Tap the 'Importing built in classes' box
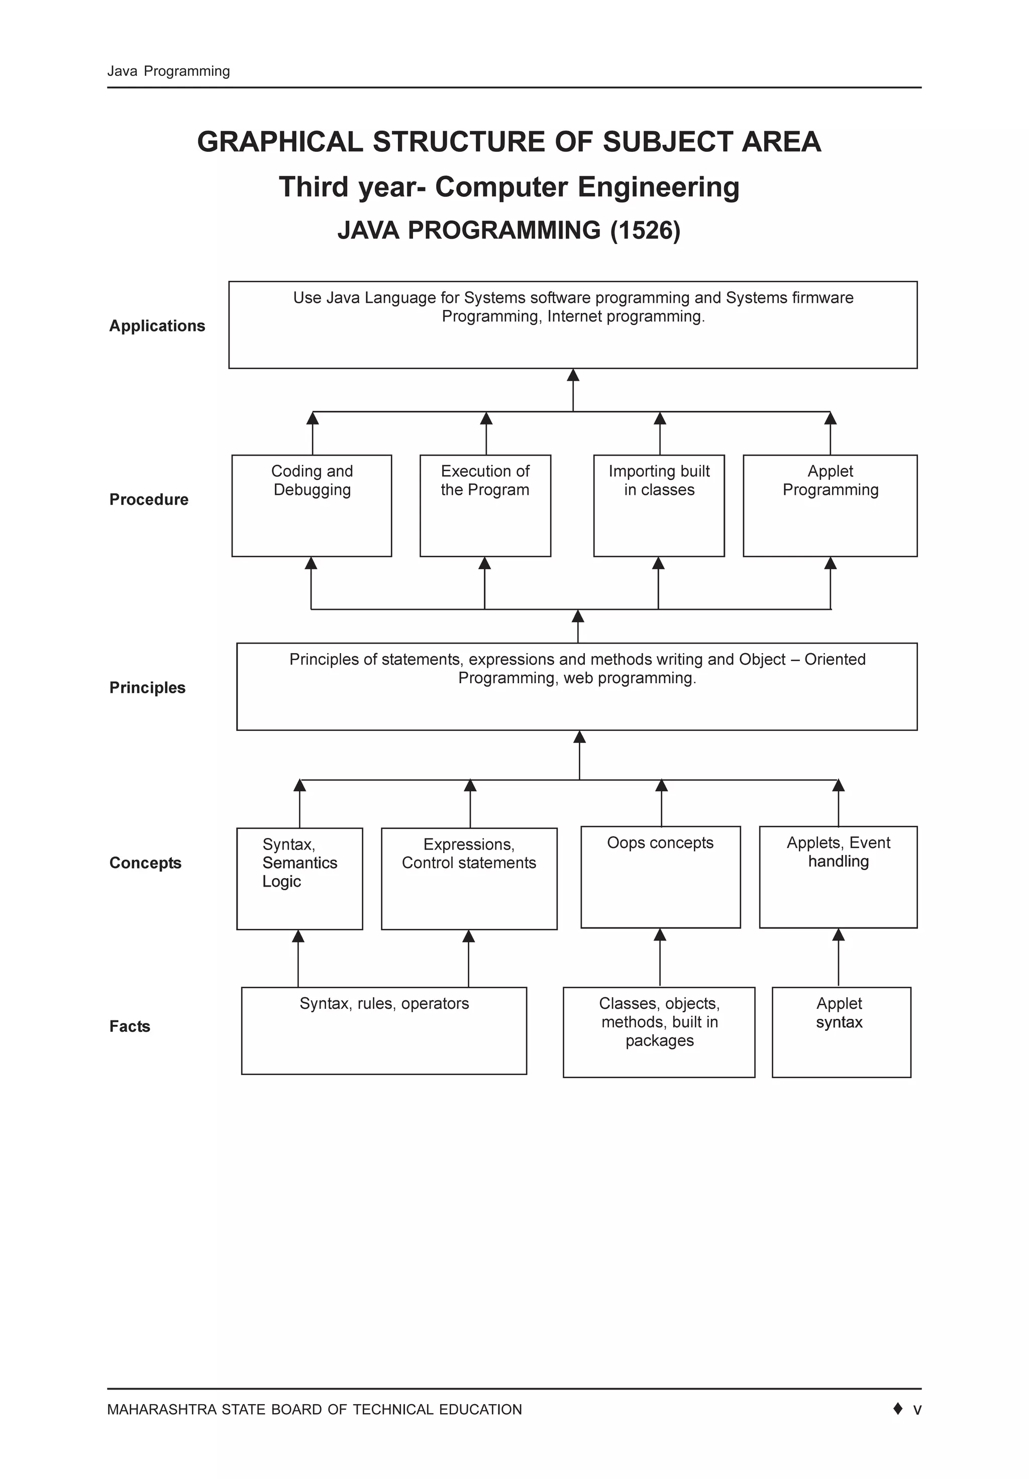point(659,506)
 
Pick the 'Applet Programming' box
point(830,506)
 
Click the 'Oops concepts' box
point(660,877)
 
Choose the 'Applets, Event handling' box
point(838,877)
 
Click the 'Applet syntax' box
point(841,1031)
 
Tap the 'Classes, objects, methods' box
point(659,1031)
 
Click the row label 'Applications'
point(157,326)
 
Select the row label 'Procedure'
point(149,500)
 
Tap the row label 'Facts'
point(130,1026)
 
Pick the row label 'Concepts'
point(145,863)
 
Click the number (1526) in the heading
point(645,231)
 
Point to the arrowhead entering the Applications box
point(573,375)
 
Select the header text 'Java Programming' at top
point(168,71)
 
